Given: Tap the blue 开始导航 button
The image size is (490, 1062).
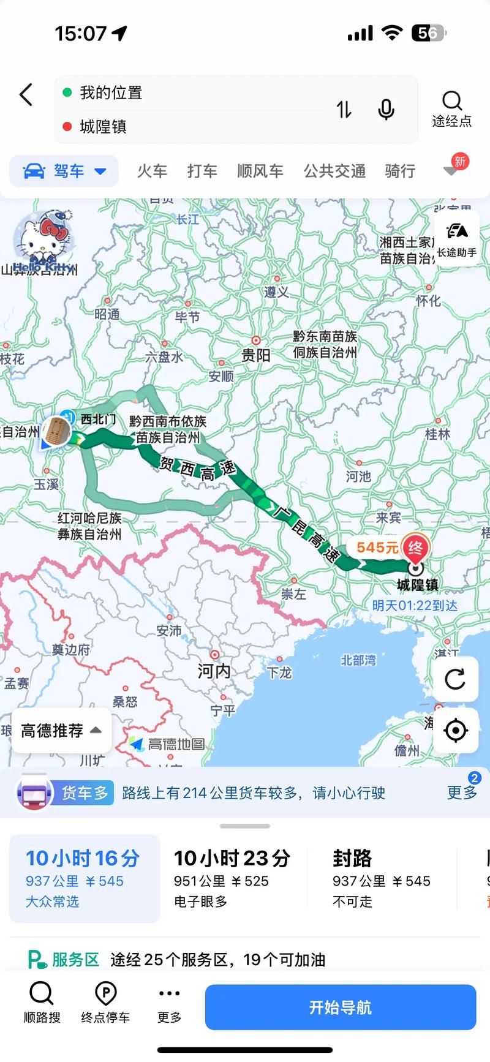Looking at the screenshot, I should (340, 1007).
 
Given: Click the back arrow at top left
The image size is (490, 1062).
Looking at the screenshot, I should (26, 95).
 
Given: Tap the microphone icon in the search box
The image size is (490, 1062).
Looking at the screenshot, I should (386, 110).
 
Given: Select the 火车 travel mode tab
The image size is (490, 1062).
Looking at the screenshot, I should (152, 171).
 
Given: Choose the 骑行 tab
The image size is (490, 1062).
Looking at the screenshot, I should (400, 171).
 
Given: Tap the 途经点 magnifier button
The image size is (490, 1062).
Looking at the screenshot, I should (452, 108).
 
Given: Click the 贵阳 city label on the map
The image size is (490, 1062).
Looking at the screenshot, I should (256, 355).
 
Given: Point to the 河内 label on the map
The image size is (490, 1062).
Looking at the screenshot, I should (214, 671).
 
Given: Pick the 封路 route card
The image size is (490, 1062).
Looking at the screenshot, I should (381, 878).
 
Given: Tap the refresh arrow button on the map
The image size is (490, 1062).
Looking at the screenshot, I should (455, 679).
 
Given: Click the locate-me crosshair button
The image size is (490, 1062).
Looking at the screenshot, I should (455, 730).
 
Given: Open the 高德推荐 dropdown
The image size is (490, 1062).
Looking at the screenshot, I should (61, 731).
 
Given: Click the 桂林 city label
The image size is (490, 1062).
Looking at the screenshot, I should (437, 434).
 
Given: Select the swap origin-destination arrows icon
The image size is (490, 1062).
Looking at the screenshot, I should (344, 110).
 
